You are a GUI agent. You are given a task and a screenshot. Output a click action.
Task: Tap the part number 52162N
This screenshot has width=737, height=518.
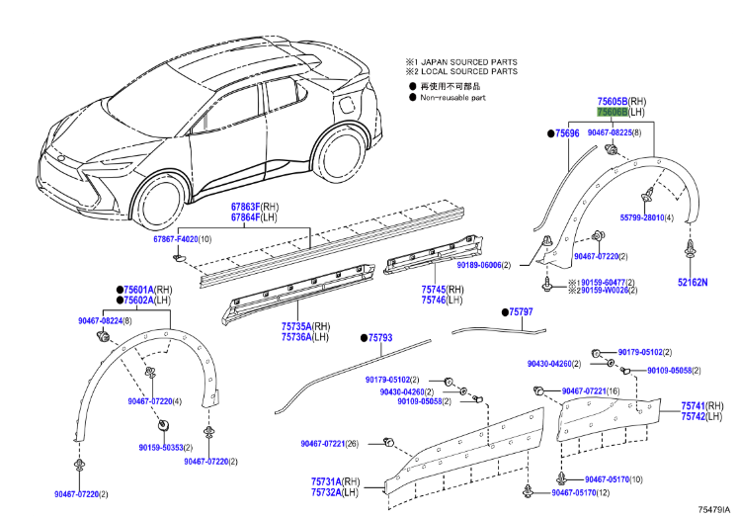[x=693, y=282]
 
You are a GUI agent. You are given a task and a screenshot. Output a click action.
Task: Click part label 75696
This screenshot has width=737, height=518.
[x=567, y=132]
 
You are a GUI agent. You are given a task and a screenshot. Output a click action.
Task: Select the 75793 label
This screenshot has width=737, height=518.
[x=379, y=338]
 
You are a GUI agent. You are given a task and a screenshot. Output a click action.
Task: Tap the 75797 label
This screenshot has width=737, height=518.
[x=520, y=311]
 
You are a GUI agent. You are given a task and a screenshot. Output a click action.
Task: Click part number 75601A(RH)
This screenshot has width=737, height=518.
[x=142, y=289]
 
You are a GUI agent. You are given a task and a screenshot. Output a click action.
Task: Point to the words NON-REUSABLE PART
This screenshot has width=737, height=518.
[x=452, y=98]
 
